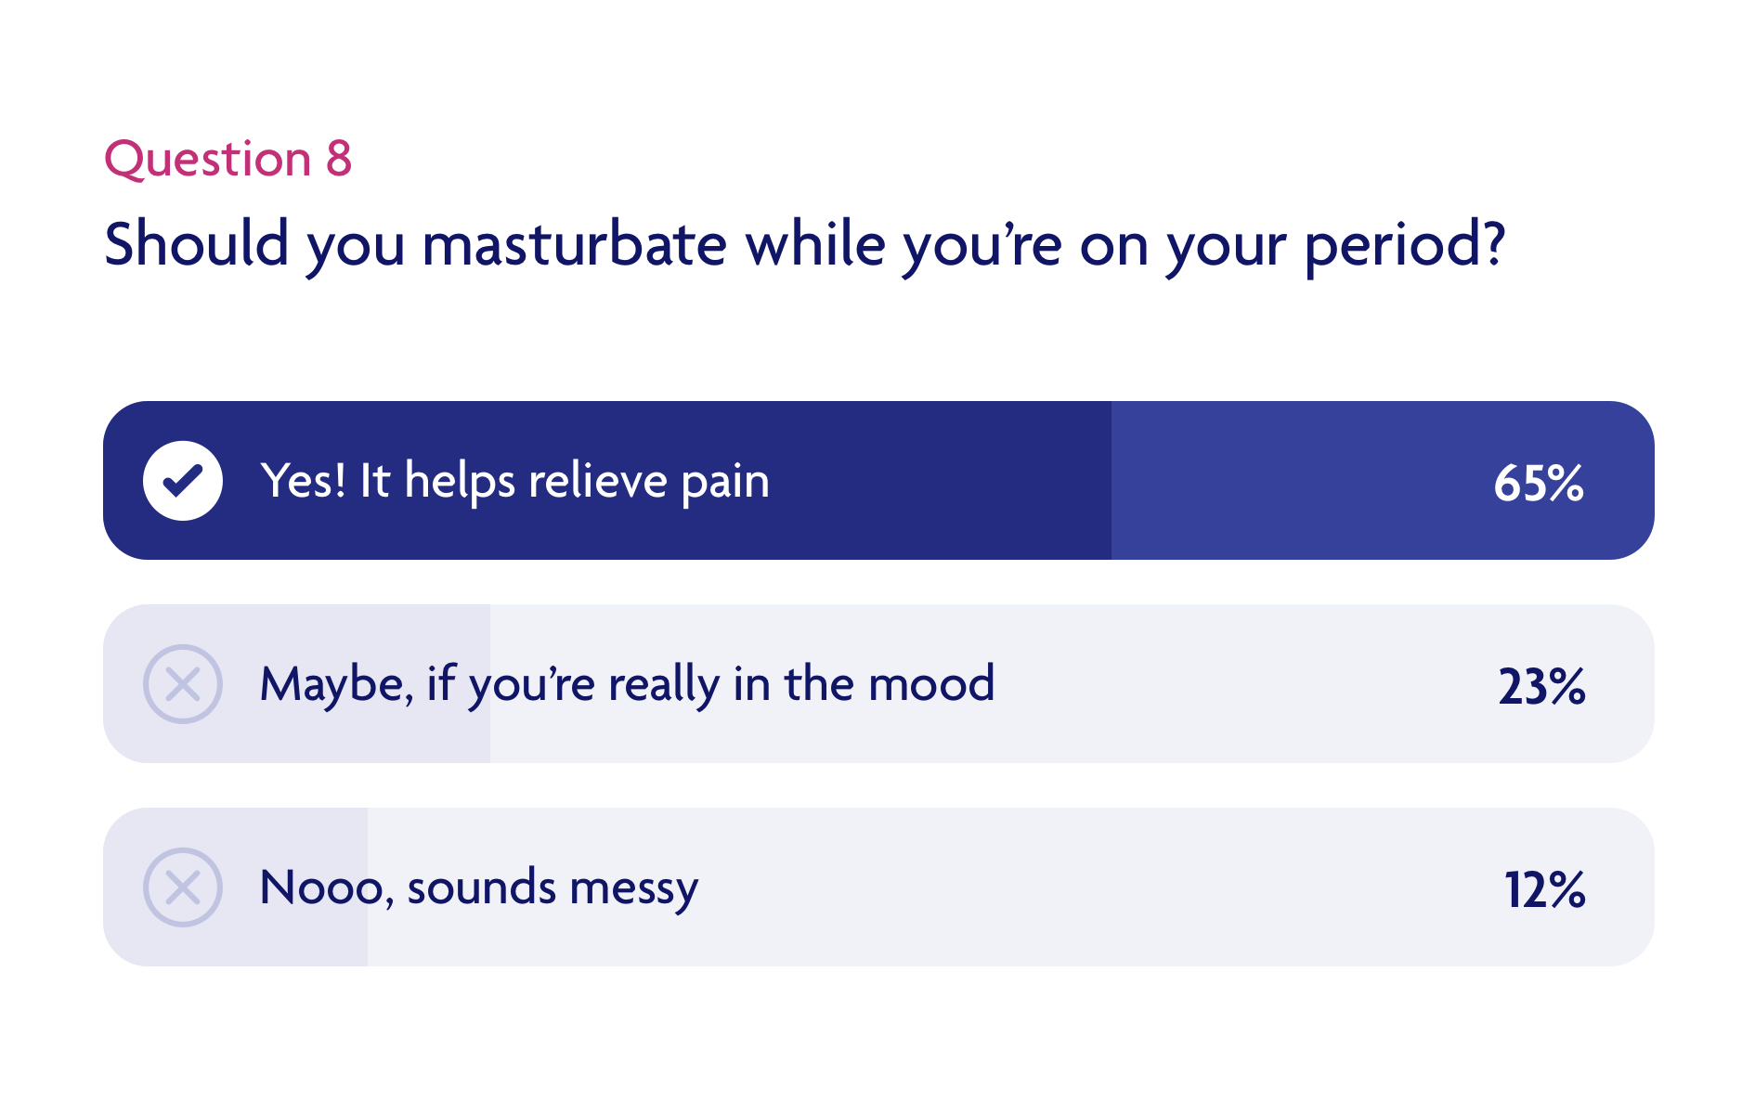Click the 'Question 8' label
coord(227,159)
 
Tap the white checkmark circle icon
coord(183,481)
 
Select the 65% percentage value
coord(1538,483)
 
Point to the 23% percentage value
coord(1541,686)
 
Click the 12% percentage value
coord(1544,889)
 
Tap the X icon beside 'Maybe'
coord(183,684)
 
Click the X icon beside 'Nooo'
coord(183,887)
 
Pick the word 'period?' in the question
coord(1404,245)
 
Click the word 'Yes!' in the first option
coord(303,481)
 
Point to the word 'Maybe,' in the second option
coord(336,685)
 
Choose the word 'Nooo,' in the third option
coord(327,887)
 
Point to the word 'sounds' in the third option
coord(481,887)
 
